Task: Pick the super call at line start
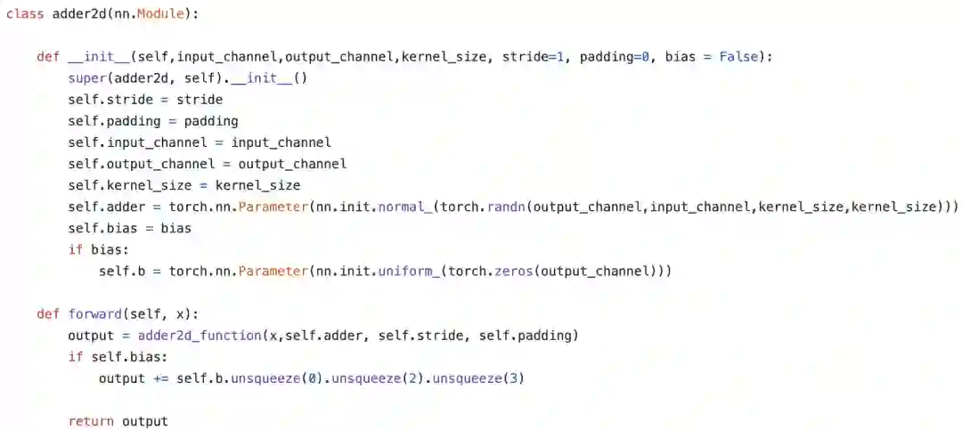(86, 78)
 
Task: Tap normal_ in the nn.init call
(404, 207)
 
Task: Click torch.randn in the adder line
(489, 207)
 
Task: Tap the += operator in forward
(160, 378)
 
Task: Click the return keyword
(91, 421)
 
